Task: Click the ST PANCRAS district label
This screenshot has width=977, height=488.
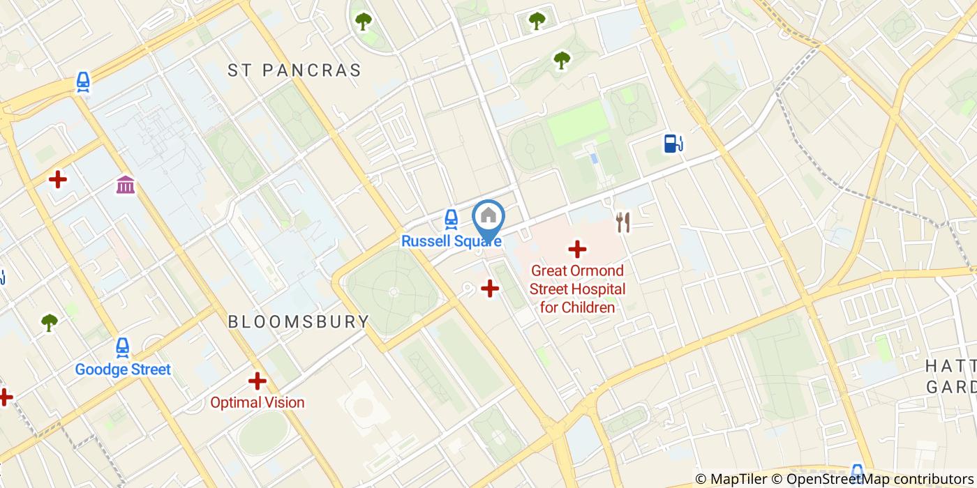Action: point(294,70)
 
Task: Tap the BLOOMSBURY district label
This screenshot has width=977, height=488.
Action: point(299,321)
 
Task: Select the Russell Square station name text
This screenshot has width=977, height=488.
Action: point(450,241)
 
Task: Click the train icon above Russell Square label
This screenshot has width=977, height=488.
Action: point(451,220)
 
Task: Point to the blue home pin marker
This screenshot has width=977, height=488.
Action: point(488,218)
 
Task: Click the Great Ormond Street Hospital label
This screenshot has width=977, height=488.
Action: point(577,289)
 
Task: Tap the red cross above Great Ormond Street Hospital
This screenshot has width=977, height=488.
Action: point(577,249)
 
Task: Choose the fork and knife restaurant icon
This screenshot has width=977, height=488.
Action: point(623,222)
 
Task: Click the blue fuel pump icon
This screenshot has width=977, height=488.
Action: point(673,144)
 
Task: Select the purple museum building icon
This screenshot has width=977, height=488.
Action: point(126,185)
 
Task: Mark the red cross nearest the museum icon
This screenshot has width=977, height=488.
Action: point(58,180)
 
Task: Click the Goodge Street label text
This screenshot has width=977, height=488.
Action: point(123,369)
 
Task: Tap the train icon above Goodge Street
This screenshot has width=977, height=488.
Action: point(123,347)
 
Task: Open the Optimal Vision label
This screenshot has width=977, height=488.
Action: point(258,402)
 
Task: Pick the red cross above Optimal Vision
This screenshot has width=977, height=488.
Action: point(258,381)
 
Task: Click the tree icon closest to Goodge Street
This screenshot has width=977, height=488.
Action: point(49,322)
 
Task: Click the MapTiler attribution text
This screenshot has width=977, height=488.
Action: point(731,479)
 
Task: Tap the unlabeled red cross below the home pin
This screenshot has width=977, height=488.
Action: point(490,288)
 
